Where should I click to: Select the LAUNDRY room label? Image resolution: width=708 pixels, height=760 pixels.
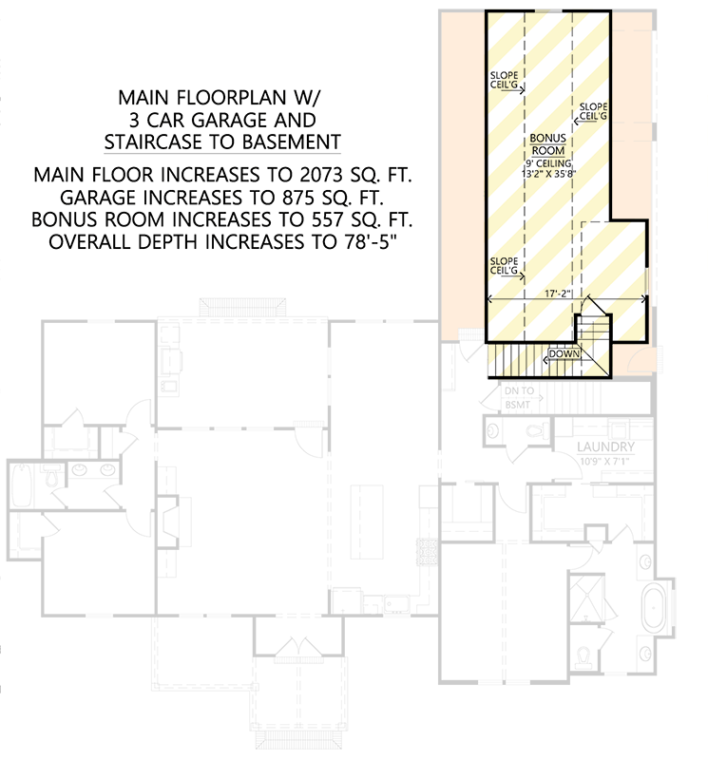(605, 446)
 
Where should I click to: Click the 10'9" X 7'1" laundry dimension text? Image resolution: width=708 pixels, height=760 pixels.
(605, 462)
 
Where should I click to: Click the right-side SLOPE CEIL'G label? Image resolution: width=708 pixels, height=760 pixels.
(591, 110)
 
